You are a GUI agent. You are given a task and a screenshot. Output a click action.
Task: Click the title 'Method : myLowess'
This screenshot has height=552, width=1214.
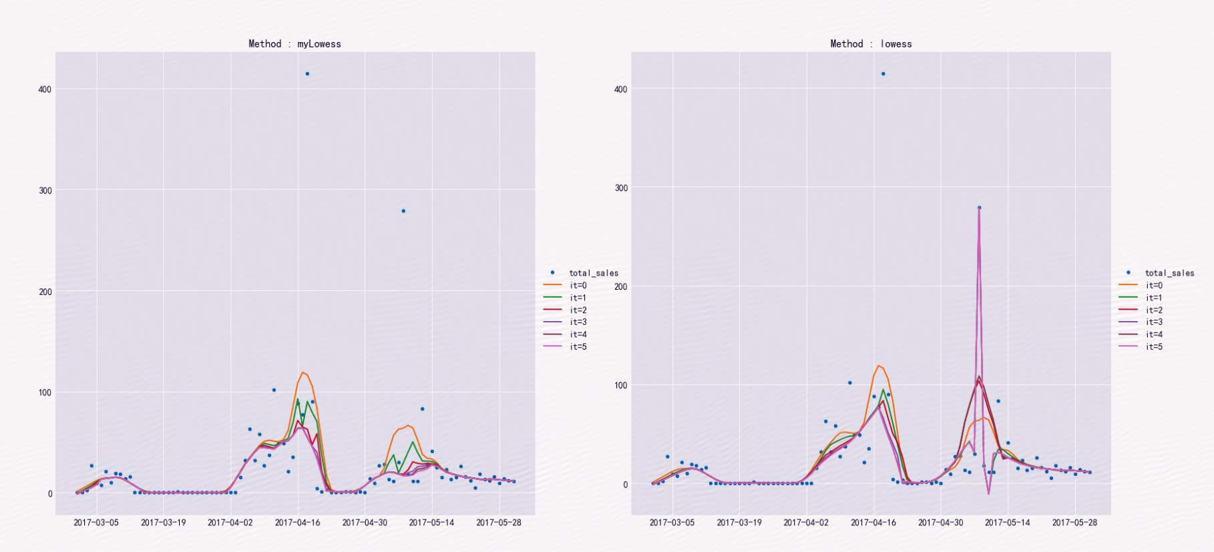coord(294,44)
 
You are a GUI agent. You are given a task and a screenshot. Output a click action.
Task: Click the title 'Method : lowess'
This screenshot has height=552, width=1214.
coord(871,44)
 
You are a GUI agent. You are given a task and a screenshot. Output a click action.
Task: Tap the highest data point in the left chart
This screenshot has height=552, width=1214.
coord(307,73)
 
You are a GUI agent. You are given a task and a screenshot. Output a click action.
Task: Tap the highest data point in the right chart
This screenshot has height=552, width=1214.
coord(883,73)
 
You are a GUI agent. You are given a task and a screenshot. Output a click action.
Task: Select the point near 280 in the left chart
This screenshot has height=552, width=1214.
coord(403,211)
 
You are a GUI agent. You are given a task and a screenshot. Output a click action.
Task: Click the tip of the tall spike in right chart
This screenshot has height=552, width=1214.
coord(979,208)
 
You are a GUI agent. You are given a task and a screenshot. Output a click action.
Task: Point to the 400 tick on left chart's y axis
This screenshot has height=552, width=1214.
coord(45,89)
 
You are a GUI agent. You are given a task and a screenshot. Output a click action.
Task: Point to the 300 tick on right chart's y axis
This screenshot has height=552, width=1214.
coord(621,188)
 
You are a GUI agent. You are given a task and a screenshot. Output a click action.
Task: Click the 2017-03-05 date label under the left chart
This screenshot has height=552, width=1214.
coord(96,523)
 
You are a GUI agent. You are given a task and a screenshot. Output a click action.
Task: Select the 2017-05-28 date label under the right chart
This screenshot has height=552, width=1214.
coord(1074,523)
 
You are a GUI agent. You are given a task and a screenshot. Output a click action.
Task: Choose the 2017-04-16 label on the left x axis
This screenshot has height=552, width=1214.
coord(298,523)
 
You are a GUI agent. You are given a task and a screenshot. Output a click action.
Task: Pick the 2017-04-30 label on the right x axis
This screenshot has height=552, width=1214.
coord(940,523)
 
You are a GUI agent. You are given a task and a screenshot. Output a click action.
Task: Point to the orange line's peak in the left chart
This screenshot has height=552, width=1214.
coord(303,372)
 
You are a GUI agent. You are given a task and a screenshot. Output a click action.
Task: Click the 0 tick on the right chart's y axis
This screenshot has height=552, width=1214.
coord(625,485)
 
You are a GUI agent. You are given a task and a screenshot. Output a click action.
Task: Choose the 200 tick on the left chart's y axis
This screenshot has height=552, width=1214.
coord(45,292)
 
